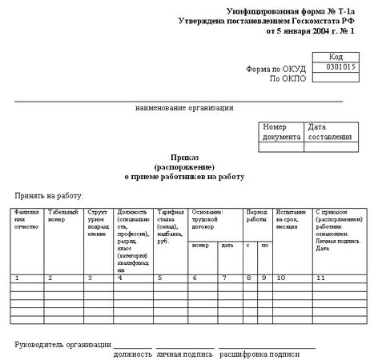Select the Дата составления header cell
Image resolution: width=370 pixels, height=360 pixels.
[x=328, y=132]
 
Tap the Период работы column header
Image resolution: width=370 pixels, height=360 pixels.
[x=256, y=215]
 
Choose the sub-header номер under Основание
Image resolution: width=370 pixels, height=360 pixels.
[x=200, y=245]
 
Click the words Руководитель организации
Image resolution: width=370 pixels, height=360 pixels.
[x=62, y=344]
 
